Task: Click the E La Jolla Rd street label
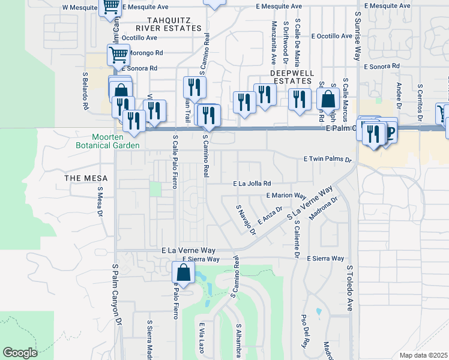252,184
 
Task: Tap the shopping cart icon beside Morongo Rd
118,55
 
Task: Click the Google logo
20,353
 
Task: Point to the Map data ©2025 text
423,355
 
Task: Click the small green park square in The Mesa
155,189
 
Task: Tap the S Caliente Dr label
296,239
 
